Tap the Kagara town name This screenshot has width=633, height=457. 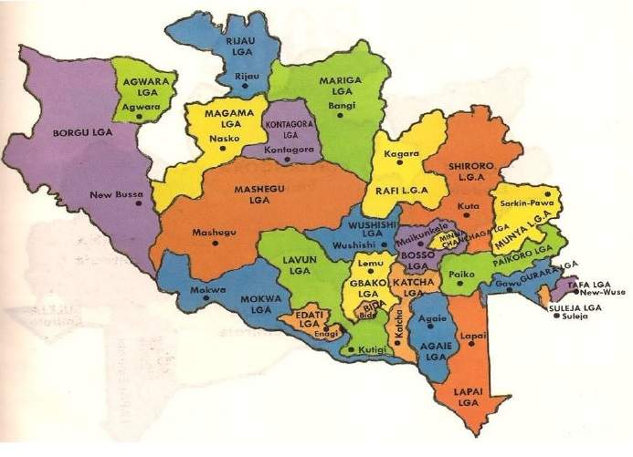402,153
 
